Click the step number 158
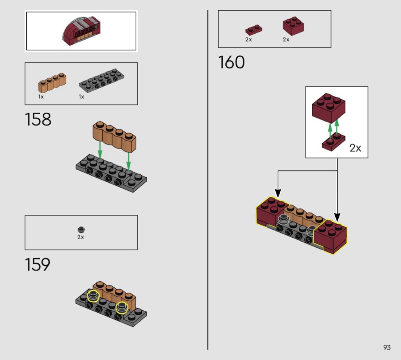pos(38,120)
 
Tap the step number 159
pos(37,264)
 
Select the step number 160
pos(231,62)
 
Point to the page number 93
pos(387,347)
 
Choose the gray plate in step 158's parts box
pos(103,81)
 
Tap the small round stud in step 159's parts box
pos(81,229)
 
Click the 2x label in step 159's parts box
pos(81,237)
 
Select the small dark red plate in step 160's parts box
pos(254,30)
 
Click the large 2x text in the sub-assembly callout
pos(355,148)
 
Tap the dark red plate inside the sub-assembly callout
pos(333,142)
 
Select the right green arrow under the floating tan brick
pos(129,161)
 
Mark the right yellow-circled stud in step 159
pos(122,307)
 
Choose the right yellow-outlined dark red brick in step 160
pos(330,236)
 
